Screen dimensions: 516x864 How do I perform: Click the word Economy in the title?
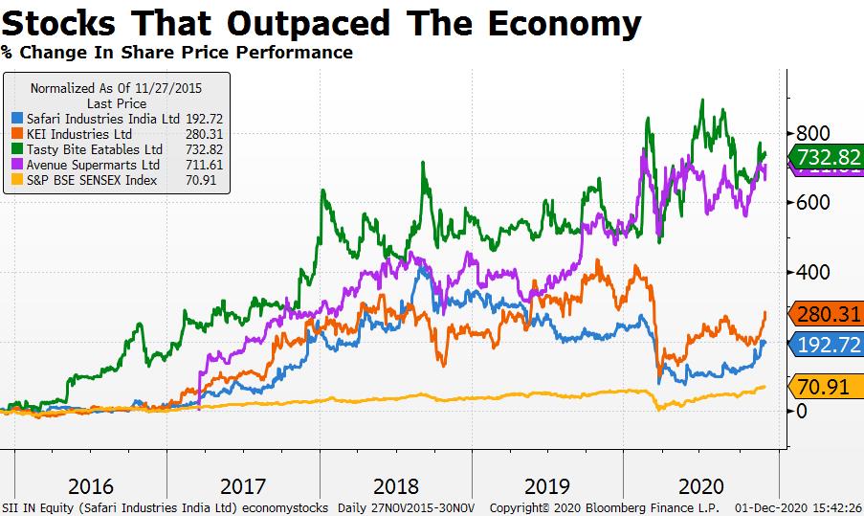(x=556, y=22)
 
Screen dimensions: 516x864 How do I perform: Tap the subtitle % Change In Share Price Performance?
(x=177, y=52)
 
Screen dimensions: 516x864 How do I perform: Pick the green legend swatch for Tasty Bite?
(x=17, y=149)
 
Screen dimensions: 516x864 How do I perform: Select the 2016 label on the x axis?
(x=91, y=485)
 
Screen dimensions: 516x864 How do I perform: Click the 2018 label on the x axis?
(x=396, y=485)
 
